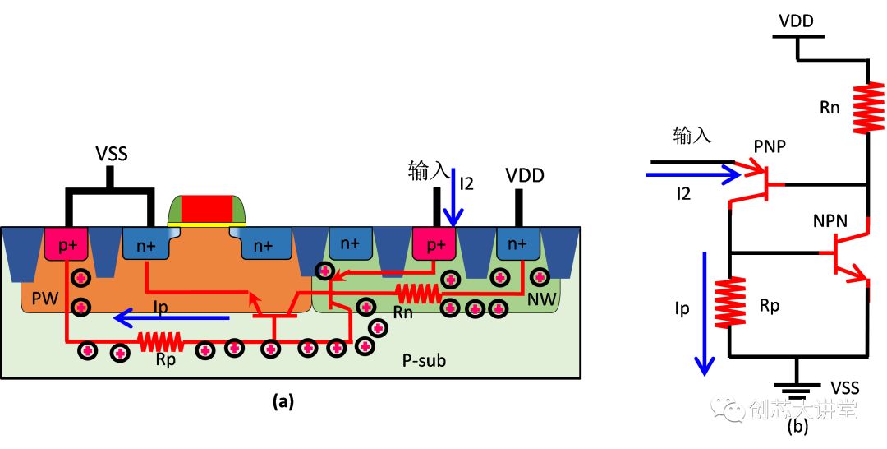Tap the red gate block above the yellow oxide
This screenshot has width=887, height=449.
207,209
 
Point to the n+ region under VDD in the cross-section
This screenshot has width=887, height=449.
517,243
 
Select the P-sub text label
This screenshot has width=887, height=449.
424,359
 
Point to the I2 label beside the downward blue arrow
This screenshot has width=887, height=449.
469,183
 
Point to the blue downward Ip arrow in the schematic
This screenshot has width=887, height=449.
703,312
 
